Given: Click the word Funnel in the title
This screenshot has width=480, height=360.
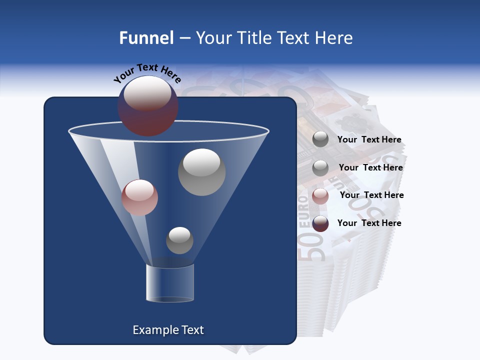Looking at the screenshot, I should click(x=146, y=38).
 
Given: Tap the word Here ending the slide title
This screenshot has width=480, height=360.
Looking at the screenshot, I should click(x=334, y=38).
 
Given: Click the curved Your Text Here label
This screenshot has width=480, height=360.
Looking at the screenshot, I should click(x=147, y=73).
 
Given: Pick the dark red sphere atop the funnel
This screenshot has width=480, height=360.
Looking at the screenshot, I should click(x=147, y=106).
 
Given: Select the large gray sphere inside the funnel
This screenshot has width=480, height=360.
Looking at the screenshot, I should click(x=201, y=172).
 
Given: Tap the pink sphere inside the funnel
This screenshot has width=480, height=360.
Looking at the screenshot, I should click(x=139, y=197).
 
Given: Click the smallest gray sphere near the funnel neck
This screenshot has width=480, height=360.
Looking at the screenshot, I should click(x=179, y=240).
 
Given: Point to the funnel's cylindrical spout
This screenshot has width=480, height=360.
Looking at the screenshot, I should click(x=169, y=282).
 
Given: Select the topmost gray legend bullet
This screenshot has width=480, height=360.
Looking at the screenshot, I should click(x=320, y=139).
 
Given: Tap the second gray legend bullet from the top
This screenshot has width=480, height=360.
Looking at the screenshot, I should click(x=320, y=168).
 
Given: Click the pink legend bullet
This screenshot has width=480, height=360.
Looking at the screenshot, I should click(x=320, y=196).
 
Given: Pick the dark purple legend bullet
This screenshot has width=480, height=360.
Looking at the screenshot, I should click(x=320, y=223).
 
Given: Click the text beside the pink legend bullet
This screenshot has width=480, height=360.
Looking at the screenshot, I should click(x=371, y=195).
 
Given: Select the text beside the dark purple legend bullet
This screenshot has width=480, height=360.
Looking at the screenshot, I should click(x=369, y=223).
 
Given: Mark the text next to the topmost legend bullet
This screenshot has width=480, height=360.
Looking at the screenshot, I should click(x=369, y=140).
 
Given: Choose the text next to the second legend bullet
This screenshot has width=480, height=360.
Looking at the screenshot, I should click(x=370, y=168).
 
